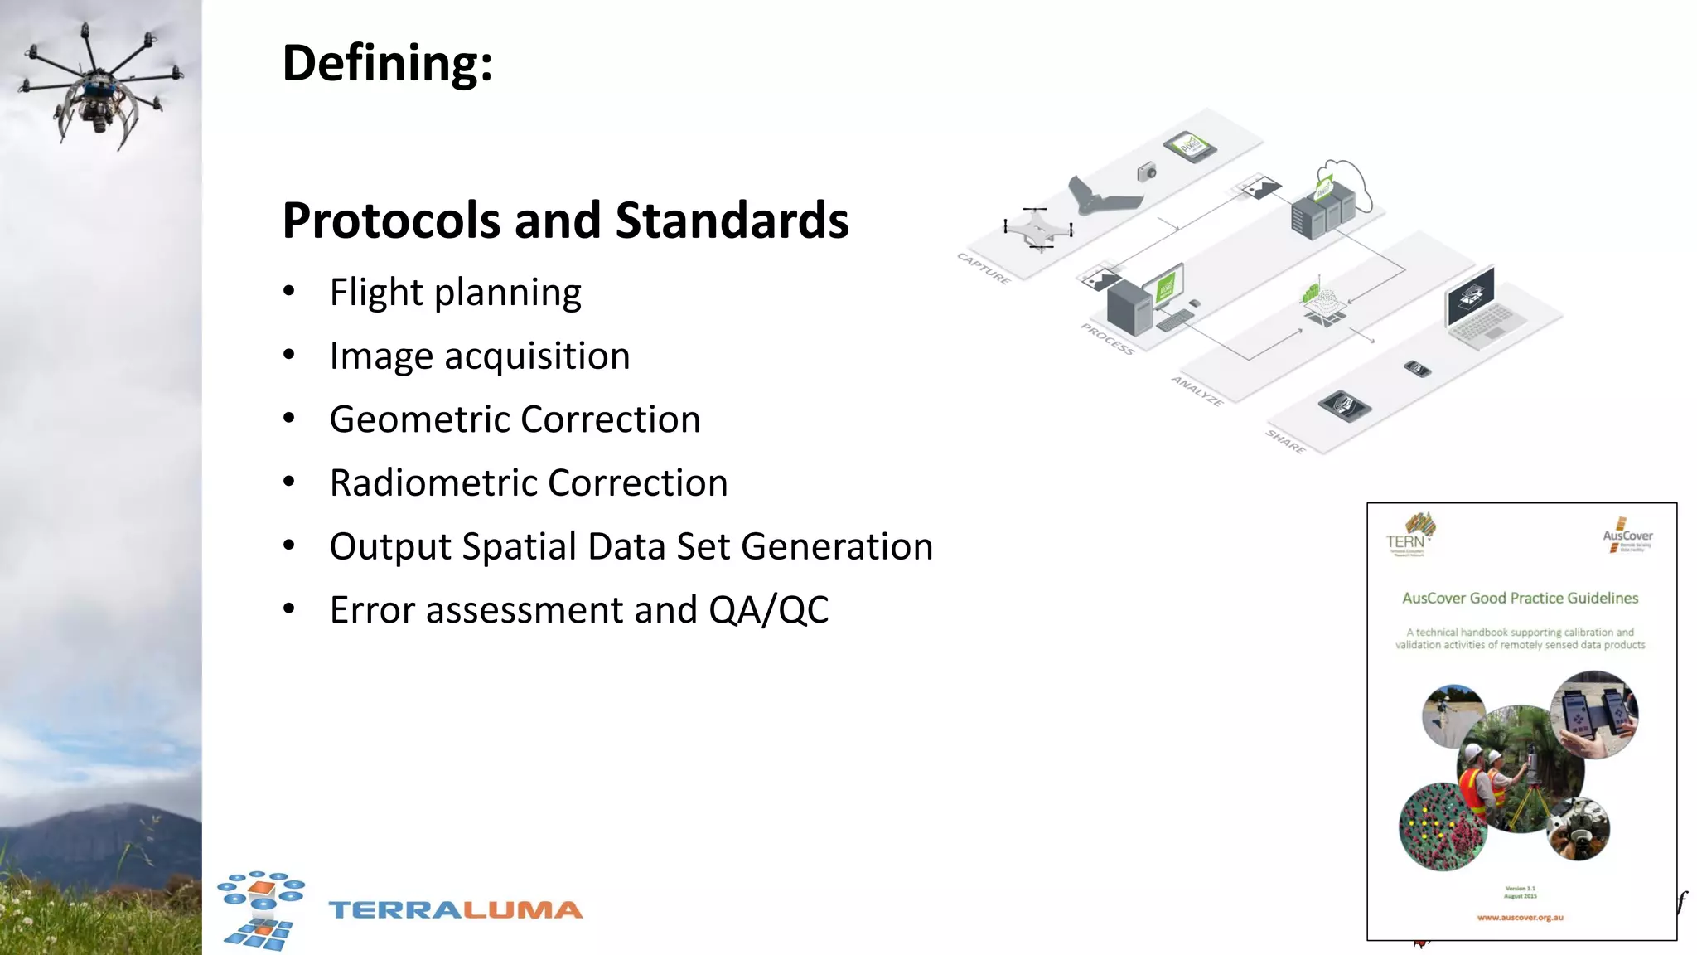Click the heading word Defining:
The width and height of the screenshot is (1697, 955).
point(387,64)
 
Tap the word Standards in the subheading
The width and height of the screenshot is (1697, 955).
point(732,221)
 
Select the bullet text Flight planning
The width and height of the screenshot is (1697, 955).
point(455,293)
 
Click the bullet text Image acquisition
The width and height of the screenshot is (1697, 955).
point(479,356)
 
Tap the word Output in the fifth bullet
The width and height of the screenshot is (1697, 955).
point(389,547)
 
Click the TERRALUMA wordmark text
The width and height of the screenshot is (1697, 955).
point(455,910)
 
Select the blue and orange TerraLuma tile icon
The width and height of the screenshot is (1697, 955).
point(261,909)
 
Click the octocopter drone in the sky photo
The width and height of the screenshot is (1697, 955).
point(99,83)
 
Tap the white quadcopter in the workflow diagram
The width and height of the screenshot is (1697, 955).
point(1037,228)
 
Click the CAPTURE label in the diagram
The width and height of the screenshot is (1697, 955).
point(984,269)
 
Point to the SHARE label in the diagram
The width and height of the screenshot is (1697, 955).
point(1285,442)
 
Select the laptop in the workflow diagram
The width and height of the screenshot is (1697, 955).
point(1480,309)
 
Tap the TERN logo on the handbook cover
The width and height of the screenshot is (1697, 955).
point(1409,535)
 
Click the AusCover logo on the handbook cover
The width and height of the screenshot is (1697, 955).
point(1627,536)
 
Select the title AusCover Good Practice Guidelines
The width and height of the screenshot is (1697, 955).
point(1520,599)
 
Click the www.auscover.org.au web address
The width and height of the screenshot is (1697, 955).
point(1520,918)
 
